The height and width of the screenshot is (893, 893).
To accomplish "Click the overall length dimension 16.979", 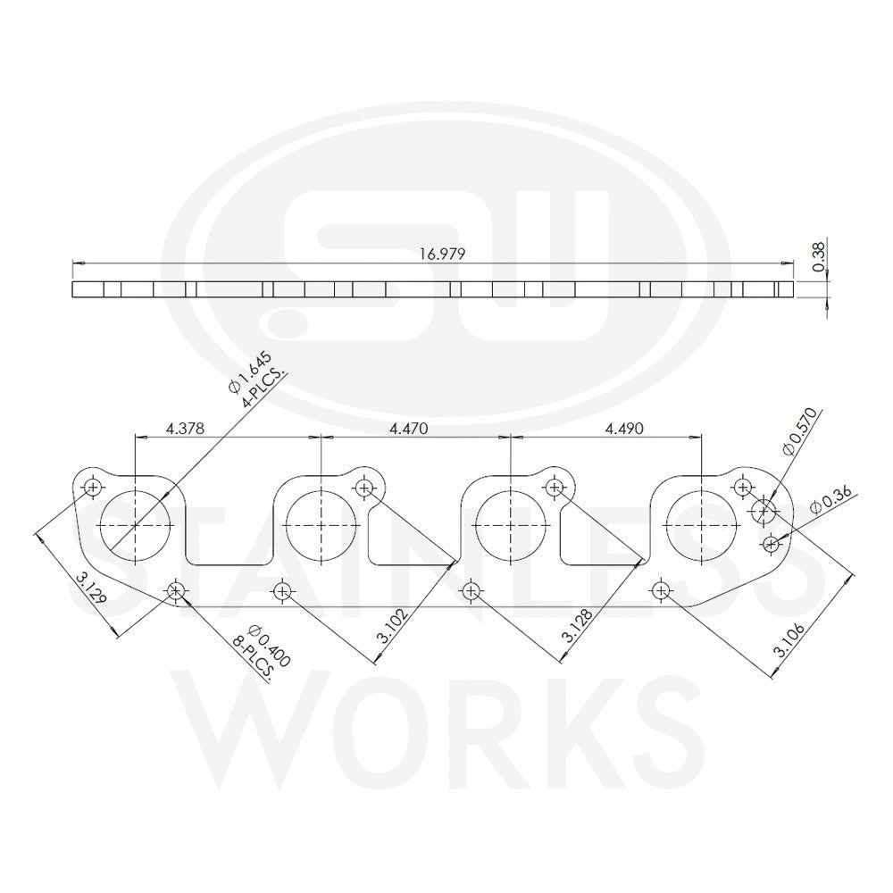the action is pyautogui.click(x=443, y=254).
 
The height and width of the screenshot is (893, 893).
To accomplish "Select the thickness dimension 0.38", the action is pyautogui.click(x=818, y=257).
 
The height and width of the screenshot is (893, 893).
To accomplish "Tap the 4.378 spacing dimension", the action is pyautogui.click(x=185, y=428).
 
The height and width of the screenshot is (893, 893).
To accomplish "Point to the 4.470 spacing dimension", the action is pyautogui.click(x=408, y=428).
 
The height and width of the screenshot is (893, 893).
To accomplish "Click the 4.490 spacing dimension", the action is pyautogui.click(x=624, y=428).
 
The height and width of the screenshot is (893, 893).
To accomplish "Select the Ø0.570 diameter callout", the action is pyautogui.click(x=800, y=431).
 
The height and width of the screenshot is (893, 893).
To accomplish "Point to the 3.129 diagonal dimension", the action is pyautogui.click(x=90, y=588).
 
